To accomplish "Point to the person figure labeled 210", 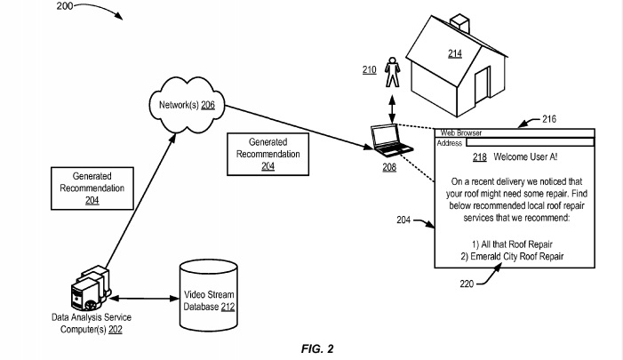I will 392,71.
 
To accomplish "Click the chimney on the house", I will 459,21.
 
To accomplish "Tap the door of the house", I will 483,82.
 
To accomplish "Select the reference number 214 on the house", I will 454,54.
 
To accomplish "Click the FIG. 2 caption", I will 316,348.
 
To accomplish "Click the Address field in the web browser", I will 530,142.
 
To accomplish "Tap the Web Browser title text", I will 461,133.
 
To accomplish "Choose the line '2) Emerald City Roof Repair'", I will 512,257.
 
